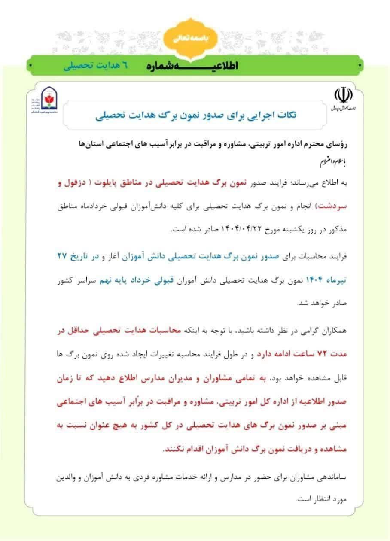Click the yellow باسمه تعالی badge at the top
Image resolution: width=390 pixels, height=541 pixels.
195,38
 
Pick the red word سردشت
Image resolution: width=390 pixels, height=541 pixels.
342,206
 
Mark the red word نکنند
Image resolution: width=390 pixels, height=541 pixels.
171,450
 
